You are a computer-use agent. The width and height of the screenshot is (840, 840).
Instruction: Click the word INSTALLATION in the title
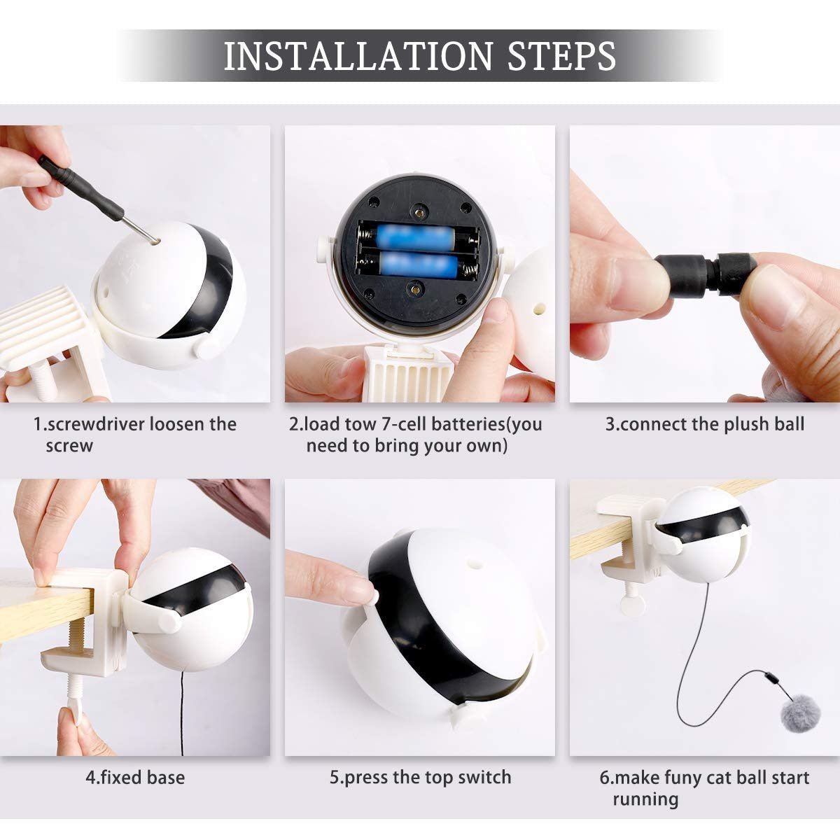[358, 56]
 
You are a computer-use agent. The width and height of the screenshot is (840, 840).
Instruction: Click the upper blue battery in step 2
[418, 235]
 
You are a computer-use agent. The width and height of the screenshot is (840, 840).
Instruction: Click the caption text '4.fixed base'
[135, 778]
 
